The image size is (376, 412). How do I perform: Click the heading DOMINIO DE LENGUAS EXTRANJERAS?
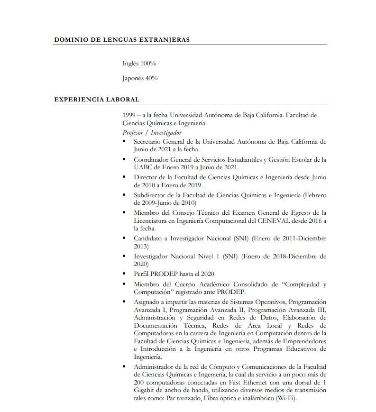(x=122, y=39)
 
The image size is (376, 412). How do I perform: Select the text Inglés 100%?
(x=139, y=63)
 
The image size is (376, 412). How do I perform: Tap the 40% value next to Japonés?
(x=152, y=78)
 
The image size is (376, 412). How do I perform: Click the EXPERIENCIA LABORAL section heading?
(x=97, y=100)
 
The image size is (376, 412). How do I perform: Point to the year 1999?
(x=129, y=115)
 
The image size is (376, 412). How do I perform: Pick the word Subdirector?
(x=150, y=195)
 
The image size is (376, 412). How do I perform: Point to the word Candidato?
(x=148, y=238)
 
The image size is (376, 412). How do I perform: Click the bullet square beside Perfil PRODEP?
(x=124, y=274)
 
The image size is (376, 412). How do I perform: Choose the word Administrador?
(x=155, y=367)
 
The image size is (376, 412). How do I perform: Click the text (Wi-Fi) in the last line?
(x=286, y=398)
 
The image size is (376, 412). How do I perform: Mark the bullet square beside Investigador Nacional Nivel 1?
(x=124, y=256)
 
